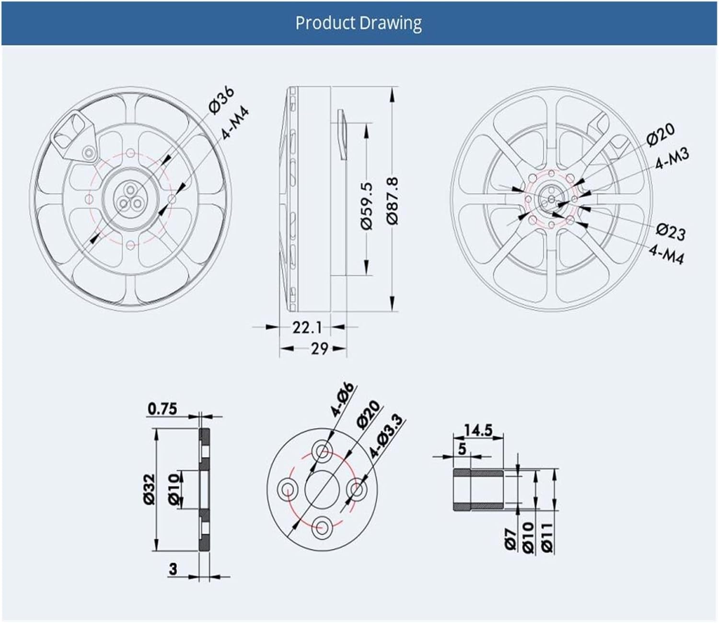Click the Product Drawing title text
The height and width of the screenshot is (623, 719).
coord(359,24)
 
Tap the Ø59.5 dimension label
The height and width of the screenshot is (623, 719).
coord(366,206)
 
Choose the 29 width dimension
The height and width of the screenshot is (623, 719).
coord(319,348)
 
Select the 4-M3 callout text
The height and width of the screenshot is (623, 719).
coord(672,159)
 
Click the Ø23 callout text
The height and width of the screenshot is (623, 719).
coord(671,232)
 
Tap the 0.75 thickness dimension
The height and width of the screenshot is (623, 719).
coord(162,409)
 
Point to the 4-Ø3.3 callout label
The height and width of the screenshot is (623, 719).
coord(387,435)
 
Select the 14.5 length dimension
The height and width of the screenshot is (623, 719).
coord(478,430)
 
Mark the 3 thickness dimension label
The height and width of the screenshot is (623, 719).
coord(173,569)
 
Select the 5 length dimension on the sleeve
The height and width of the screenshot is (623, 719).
coord(462,449)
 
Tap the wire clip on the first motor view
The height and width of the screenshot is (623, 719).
coord(74,136)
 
